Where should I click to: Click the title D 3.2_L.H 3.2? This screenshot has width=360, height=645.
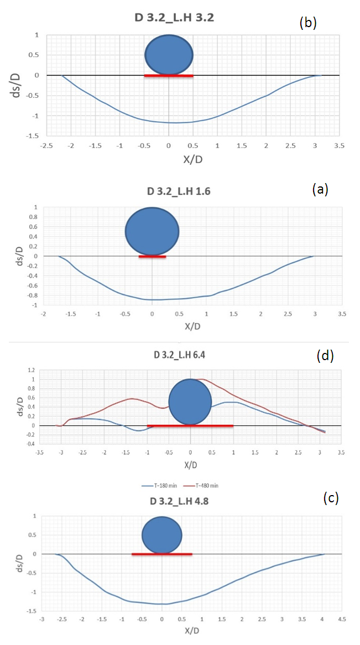[174, 18]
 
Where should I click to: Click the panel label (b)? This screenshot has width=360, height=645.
[307, 23]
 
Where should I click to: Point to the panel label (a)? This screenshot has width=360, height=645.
[320, 189]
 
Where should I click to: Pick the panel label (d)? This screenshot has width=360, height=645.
[325, 356]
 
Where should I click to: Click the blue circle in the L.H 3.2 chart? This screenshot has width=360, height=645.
[169, 55]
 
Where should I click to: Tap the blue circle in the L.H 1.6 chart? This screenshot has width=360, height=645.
[152, 231]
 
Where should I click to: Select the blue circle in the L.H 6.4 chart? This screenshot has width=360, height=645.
[190, 402]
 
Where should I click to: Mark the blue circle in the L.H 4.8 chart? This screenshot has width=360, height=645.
[162, 535]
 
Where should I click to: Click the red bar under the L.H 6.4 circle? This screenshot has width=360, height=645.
[190, 425]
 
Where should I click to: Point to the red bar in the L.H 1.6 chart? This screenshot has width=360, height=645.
[152, 257]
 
